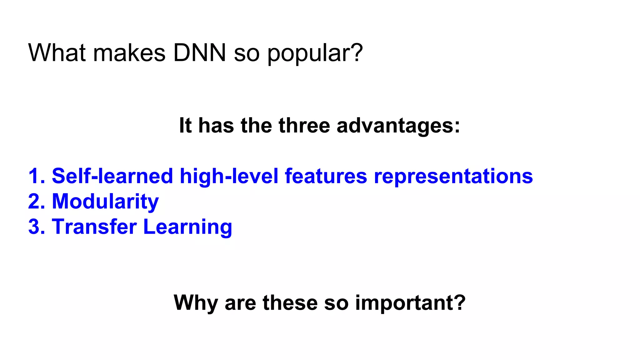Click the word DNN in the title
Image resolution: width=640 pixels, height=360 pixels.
tap(199, 52)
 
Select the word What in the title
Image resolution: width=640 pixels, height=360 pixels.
tap(57, 52)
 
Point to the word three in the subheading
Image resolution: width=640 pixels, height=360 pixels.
tap(304, 126)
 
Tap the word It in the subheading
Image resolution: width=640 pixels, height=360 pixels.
tap(185, 126)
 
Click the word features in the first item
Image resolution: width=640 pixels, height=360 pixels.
tap(326, 176)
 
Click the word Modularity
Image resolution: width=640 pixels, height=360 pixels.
tap(105, 202)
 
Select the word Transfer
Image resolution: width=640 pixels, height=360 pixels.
tap(94, 227)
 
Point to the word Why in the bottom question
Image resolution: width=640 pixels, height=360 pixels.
tap(196, 303)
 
